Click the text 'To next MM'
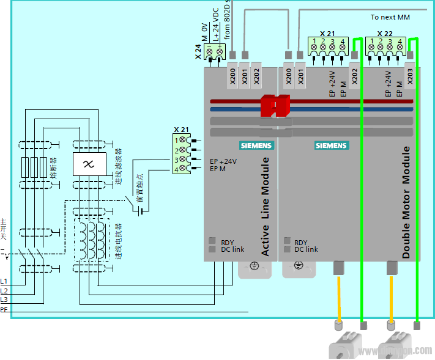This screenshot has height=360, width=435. click(390, 17)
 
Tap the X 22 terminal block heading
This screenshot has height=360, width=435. click(385, 34)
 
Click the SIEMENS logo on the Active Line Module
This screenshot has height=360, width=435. click(257, 146)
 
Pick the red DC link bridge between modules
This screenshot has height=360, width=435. click(275, 106)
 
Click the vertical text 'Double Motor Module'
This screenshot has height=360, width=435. click(406, 202)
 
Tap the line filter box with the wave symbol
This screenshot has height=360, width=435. click(89, 164)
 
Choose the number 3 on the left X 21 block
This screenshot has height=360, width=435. click(176, 160)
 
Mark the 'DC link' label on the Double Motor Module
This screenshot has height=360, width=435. click(306, 249)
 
